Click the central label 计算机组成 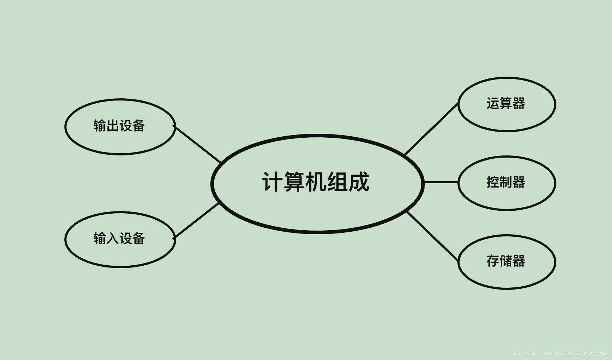[316, 182]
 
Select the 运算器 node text [506, 104]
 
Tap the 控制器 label [506, 182]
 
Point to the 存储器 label [506, 261]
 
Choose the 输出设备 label [119, 126]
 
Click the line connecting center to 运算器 [431, 129]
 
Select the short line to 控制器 [441, 182]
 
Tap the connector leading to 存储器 [433, 236]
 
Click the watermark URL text [560, 353]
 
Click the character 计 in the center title [272, 182]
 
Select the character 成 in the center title [359, 182]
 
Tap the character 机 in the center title [316, 182]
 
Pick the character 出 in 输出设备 [113, 126]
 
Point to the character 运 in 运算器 [493, 104]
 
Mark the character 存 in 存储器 [493, 261]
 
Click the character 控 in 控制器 [493, 182]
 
